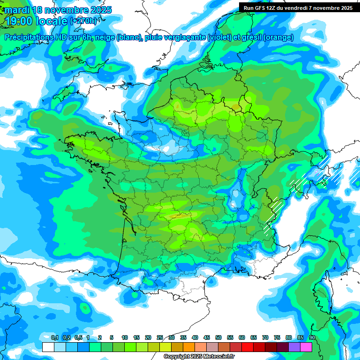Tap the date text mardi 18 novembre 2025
tap(58, 10)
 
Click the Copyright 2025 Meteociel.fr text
tap(199, 357)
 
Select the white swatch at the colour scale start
tap(48, 347)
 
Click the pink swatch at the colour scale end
tap(306, 347)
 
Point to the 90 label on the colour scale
tap(312, 337)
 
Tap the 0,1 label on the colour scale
tap(54, 337)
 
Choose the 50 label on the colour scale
tap(218, 337)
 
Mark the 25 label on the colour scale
tap(160, 337)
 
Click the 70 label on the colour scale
tap(265, 337)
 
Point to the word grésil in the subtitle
tap(251, 37)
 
